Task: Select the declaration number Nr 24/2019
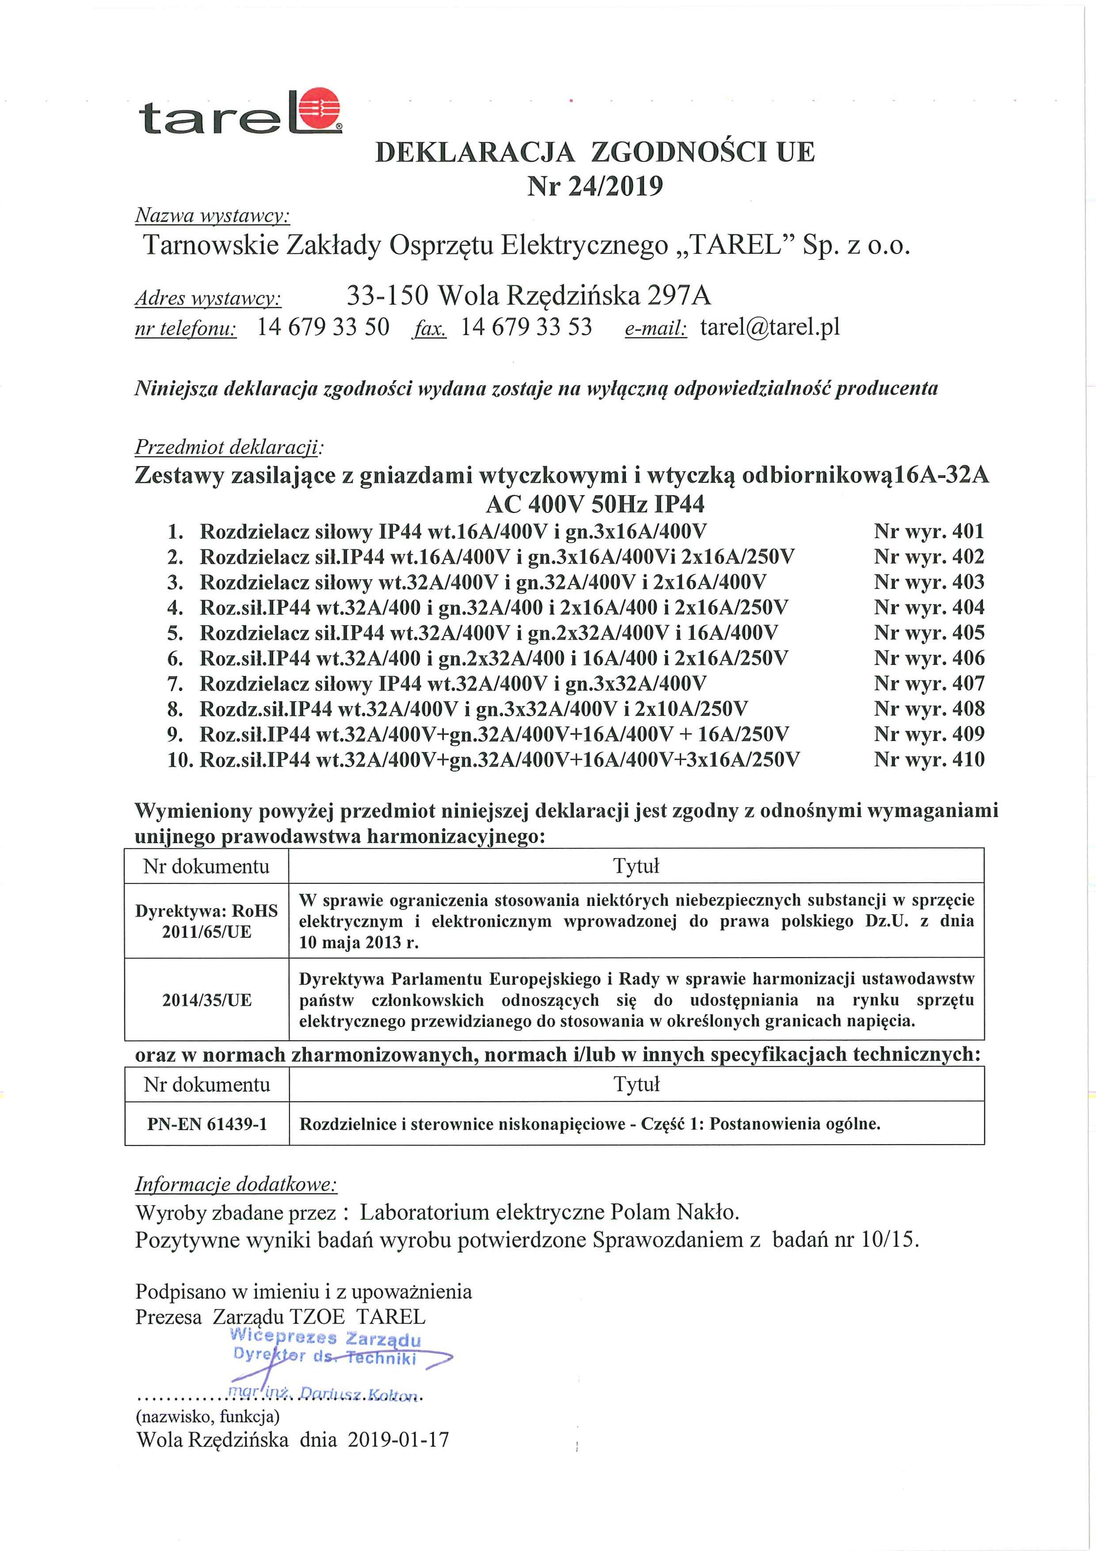(x=594, y=186)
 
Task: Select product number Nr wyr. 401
(x=929, y=531)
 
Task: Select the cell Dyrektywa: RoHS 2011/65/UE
(x=207, y=921)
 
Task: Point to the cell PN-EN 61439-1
(x=207, y=1124)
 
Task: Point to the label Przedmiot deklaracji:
(x=230, y=447)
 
